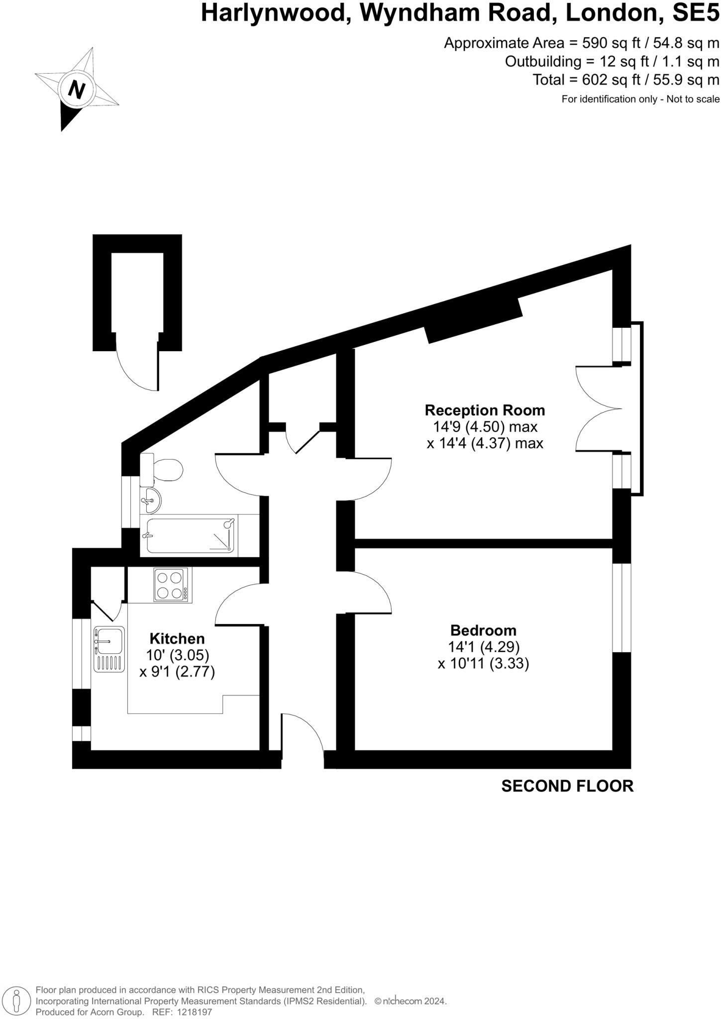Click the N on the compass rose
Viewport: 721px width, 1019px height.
(76, 90)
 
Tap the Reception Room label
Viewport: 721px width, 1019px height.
(485, 410)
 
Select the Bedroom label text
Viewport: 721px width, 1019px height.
(483, 630)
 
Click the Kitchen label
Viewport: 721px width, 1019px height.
(177, 638)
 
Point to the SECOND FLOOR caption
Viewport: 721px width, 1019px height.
(567, 786)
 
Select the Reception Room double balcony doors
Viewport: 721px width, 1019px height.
(599, 408)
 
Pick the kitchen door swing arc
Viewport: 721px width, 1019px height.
(236, 603)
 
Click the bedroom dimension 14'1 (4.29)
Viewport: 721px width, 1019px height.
(484, 647)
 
